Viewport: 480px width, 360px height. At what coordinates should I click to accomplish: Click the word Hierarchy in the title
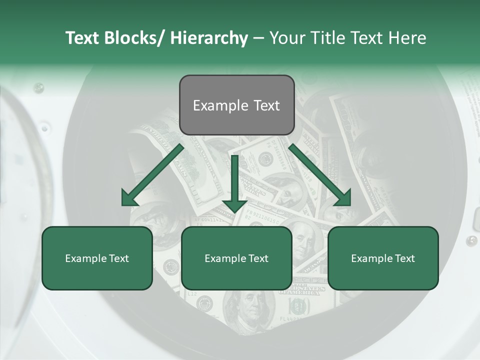point(209,38)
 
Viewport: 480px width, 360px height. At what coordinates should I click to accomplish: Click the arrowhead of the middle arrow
point(234,204)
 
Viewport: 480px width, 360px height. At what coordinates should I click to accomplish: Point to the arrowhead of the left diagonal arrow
point(129,198)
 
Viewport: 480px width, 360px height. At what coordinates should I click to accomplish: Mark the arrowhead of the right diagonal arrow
point(343,198)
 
